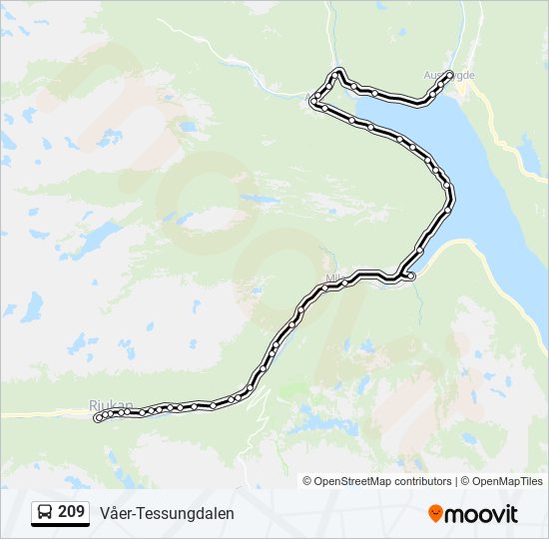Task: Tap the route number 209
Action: pyautogui.click(x=71, y=512)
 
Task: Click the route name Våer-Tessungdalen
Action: pyautogui.click(x=167, y=513)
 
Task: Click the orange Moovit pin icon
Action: pyautogui.click(x=435, y=513)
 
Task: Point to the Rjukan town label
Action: pyautogui.click(x=109, y=405)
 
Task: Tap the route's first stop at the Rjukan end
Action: pyautogui.click(x=98, y=419)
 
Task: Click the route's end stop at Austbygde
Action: pyautogui.click(x=450, y=74)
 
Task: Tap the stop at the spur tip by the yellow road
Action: pyautogui.click(x=411, y=275)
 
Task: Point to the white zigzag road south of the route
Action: pyautogui.click(x=263, y=429)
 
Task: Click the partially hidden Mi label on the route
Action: pyautogui.click(x=332, y=278)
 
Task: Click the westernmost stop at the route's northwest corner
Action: pyautogui.click(x=314, y=102)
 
